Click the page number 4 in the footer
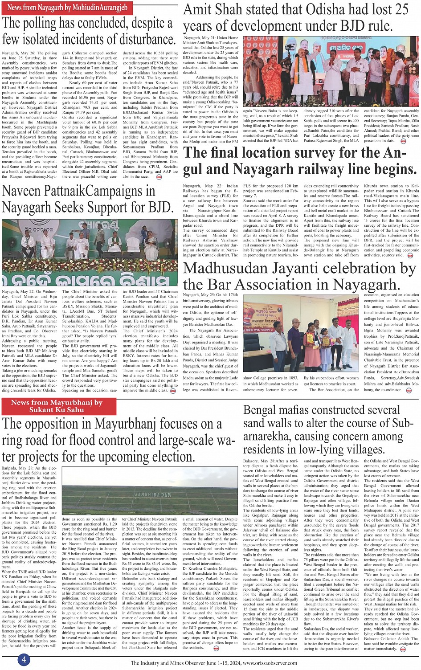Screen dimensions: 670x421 (x=24, y=660)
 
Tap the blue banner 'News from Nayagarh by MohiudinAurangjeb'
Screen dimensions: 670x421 (x=67, y=8)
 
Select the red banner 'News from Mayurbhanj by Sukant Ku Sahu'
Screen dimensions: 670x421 (x=57, y=406)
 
